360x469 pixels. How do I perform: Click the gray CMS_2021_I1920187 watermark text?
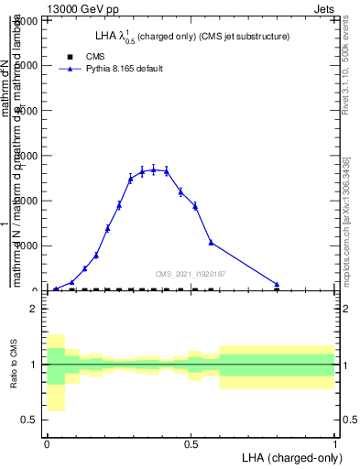[190, 273]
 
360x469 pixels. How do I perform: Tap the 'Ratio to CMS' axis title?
[14, 365]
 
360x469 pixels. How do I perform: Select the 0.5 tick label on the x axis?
[191, 443]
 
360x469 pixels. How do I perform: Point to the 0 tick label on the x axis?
[47, 443]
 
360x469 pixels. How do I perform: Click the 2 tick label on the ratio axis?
[33, 309]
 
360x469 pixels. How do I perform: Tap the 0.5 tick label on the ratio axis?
[28, 420]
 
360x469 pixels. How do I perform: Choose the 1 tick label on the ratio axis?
[33, 365]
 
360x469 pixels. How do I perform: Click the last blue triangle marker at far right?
[277, 284]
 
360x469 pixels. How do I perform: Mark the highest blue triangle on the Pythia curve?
[154, 169]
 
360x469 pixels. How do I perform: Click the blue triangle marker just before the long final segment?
[212, 242]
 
